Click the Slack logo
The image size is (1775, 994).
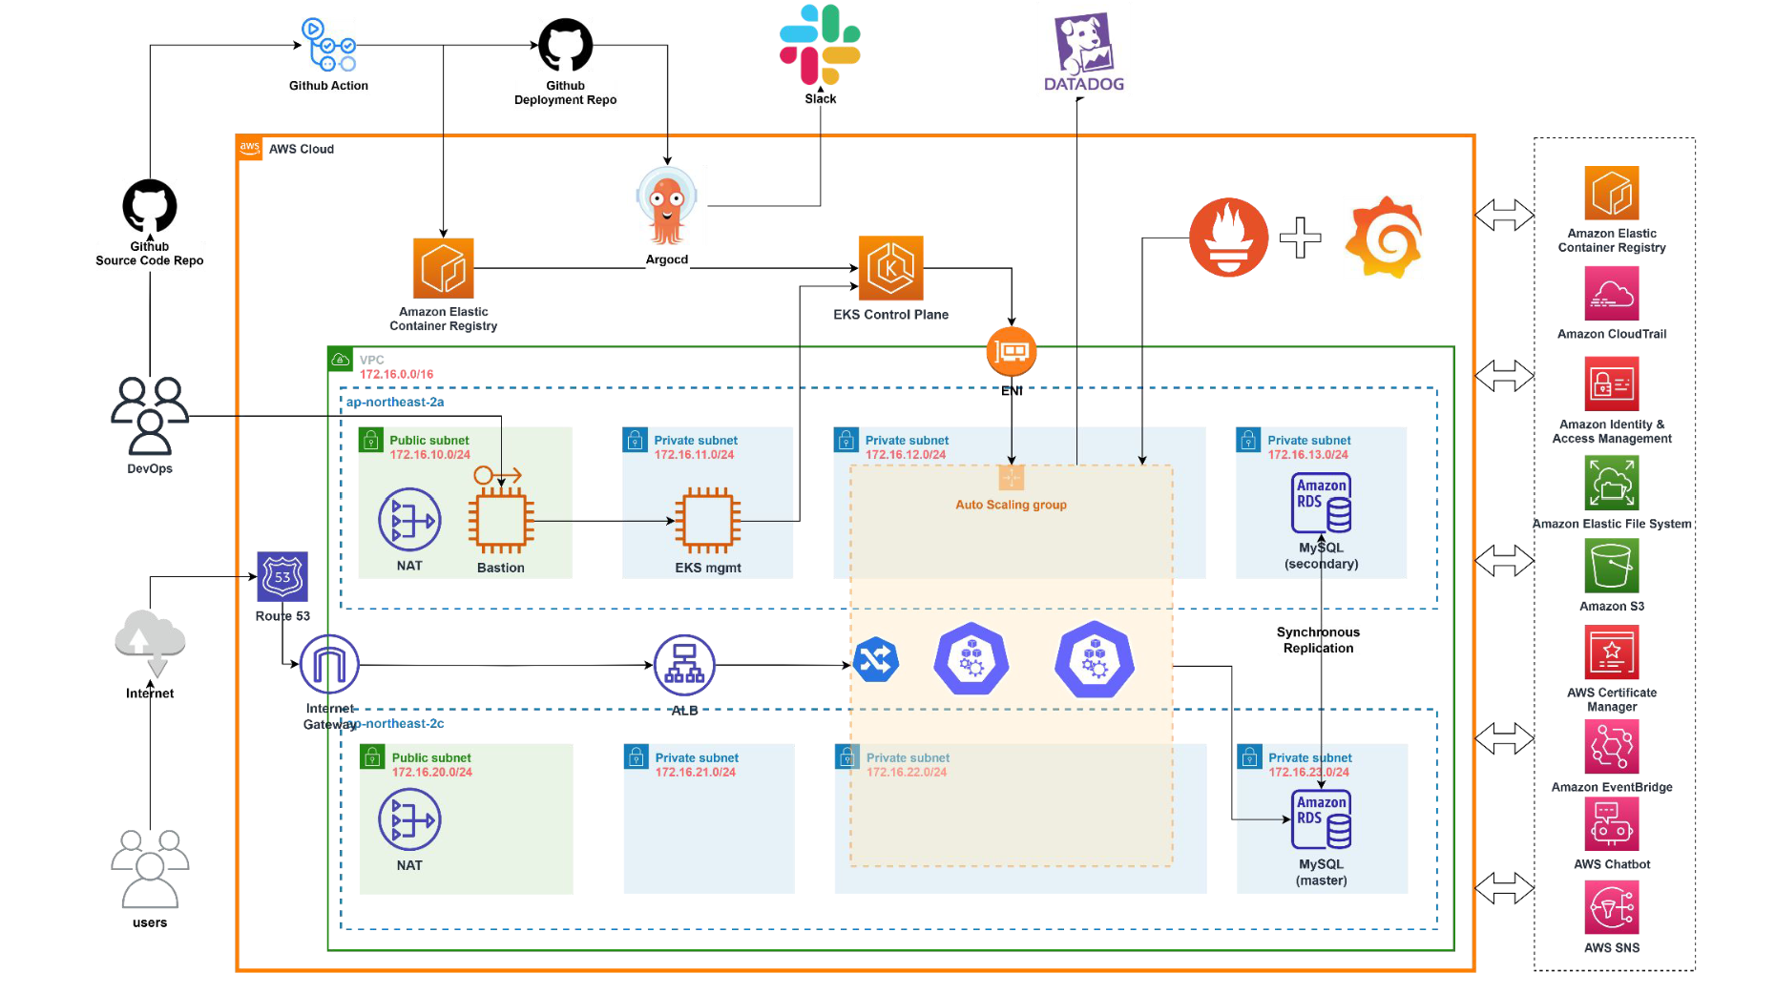click(820, 45)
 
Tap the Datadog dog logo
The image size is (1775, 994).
click(1083, 43)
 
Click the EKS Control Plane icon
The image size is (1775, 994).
click(890, 268)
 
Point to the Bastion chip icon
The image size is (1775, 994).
click(500, 521)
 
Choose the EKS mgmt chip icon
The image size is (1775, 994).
click(707, 521)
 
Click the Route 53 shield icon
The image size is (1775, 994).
click(282, 576)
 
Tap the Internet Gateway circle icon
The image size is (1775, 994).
click(329, 665)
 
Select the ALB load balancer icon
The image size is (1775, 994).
click(684, 665)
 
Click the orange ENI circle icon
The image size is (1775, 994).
click(1012, 352)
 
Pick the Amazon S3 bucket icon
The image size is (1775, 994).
click(1611, 566)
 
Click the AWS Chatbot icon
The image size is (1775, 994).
click(1611, 823)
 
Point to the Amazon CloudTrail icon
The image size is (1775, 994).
click(1611, 293)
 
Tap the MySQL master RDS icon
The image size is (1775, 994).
click(1321, 819)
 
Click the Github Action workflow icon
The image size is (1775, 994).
click(328, 45)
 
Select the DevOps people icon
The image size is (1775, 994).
click(150, 416)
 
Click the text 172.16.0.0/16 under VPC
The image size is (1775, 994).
click(396, 374)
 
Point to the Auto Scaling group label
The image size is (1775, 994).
click(1011, 505)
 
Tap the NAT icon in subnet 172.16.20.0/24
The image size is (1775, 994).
click(409, 819)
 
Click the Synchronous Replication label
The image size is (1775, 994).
click(1318, 640)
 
